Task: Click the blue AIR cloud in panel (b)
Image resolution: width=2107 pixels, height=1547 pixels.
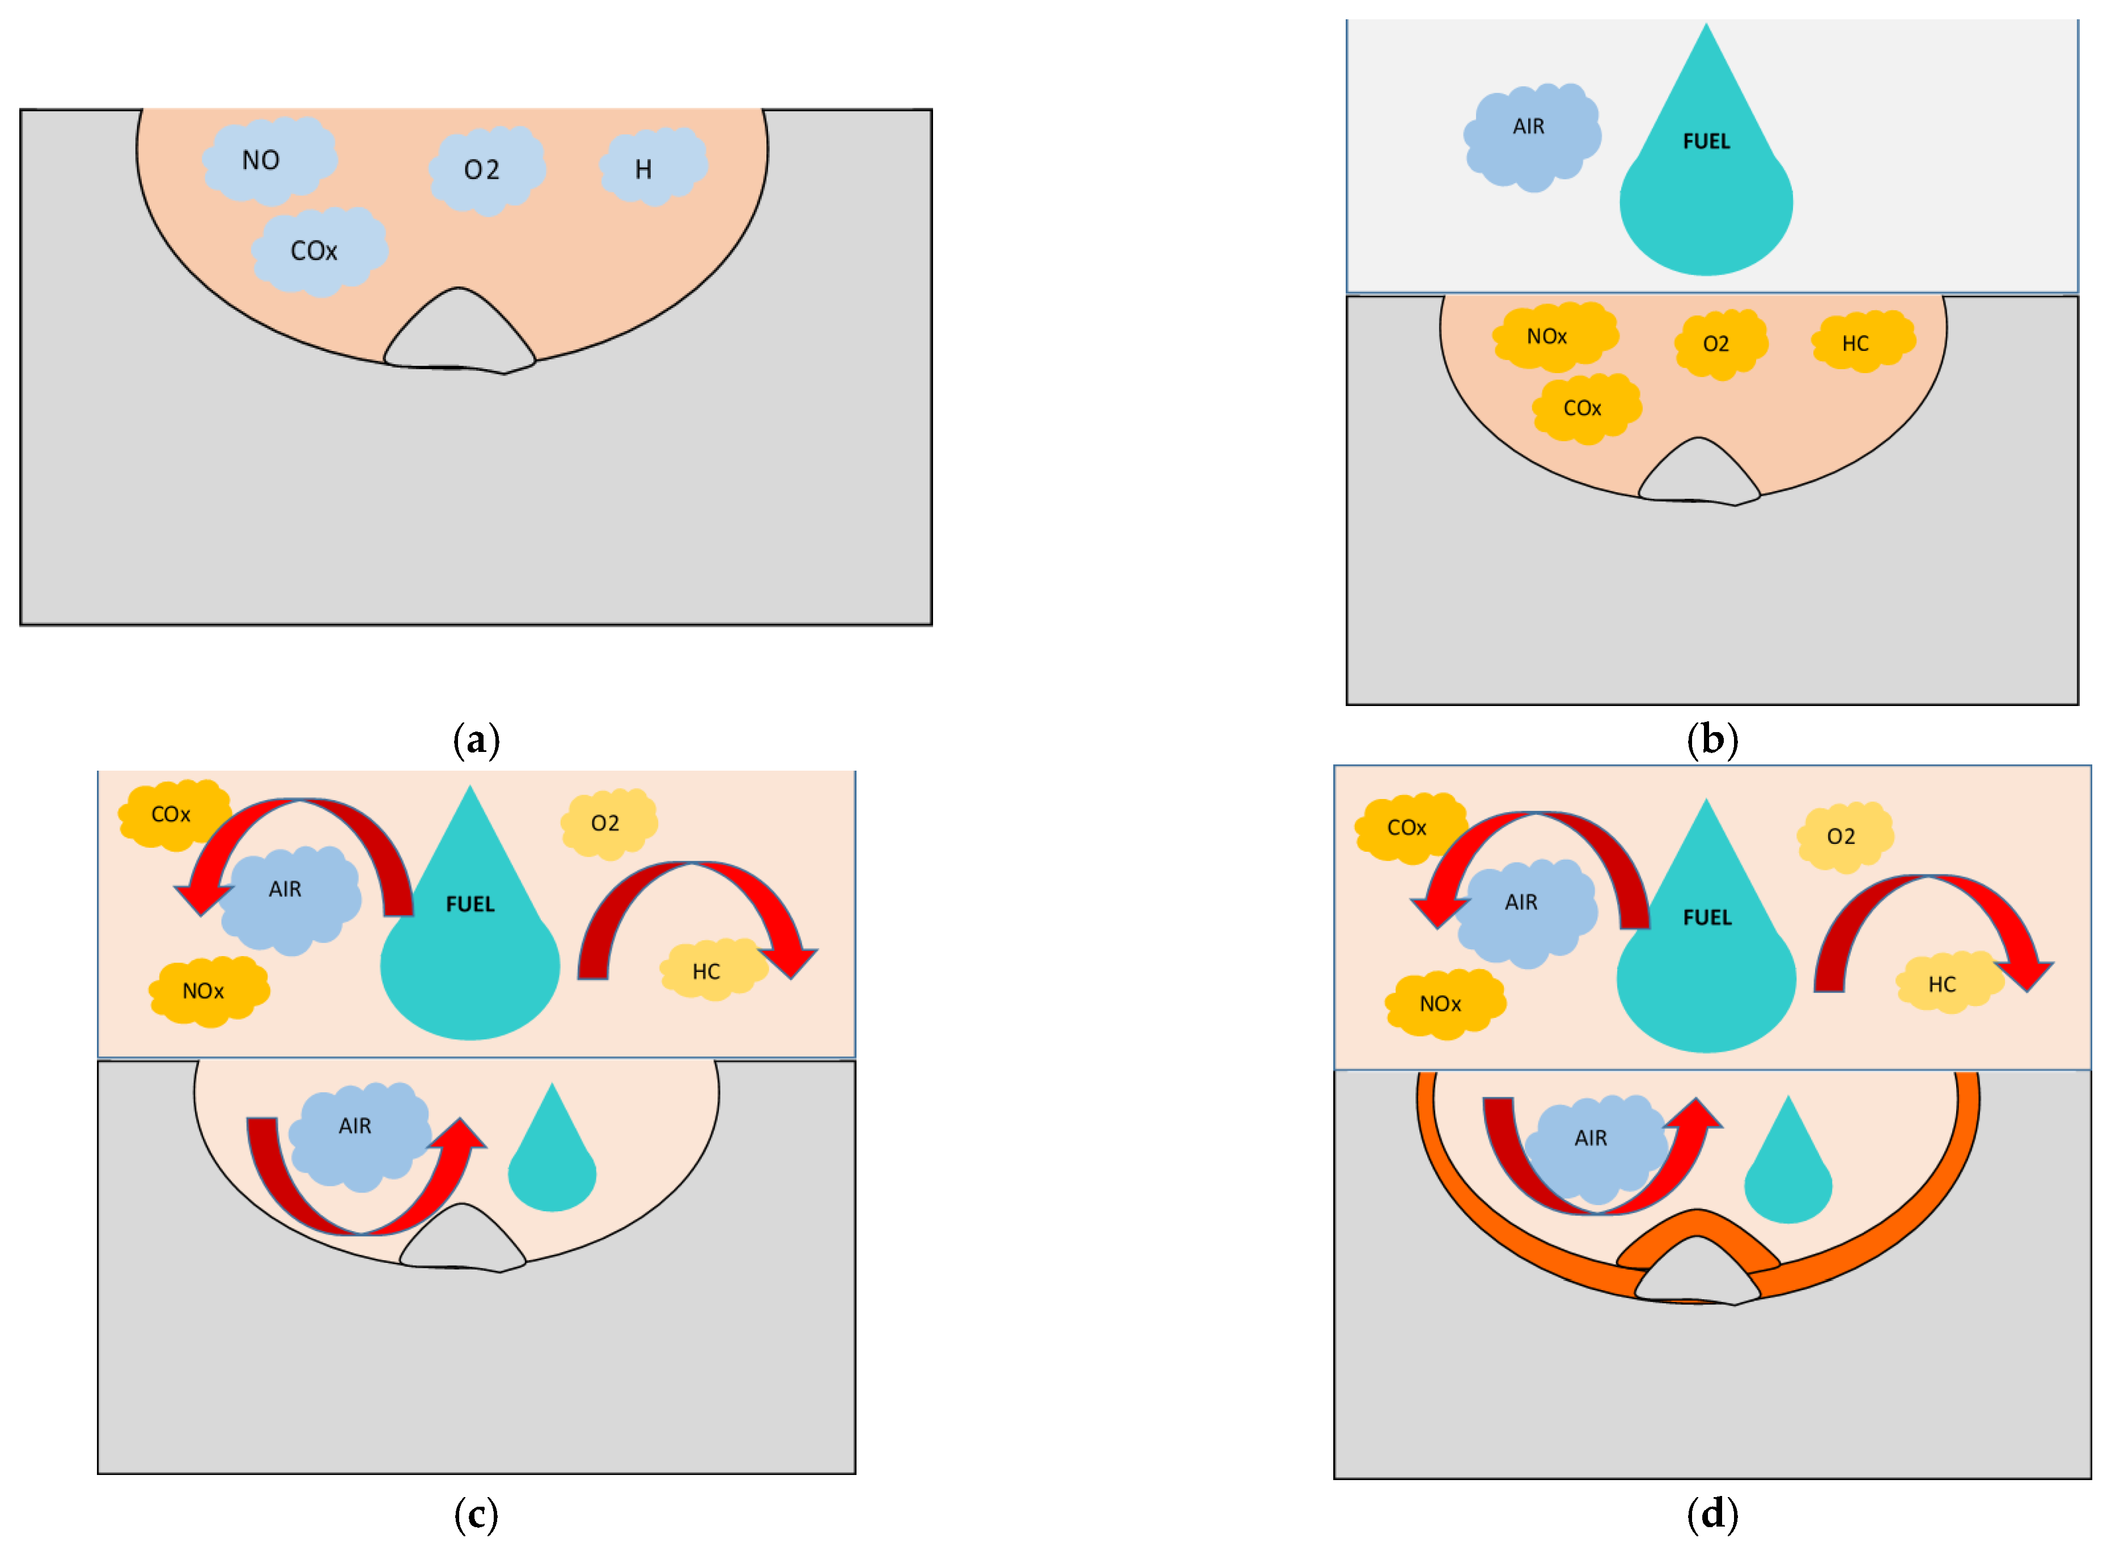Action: (1531, 136)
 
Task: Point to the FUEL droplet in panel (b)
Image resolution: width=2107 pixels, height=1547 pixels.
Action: (1706, 187)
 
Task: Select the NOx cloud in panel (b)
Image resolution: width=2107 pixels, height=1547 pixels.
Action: (1554, 336)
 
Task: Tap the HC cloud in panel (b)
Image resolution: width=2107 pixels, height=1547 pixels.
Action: (1862, 342)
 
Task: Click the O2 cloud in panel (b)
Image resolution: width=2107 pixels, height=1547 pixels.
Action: (1719, 344)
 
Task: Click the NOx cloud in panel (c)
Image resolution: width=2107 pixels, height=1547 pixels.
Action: (208, 991)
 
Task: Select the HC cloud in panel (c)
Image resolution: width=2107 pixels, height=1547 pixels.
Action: (711, 971)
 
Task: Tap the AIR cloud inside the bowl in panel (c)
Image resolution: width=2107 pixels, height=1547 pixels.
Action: (358, 1135)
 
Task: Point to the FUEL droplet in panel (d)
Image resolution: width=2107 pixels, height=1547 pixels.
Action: (1706, 955)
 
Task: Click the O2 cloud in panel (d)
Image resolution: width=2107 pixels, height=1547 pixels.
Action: (1844, 836)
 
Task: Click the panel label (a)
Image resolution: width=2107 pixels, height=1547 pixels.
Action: (476, 741)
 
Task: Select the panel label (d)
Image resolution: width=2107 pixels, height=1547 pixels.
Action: (1712, 1515)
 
